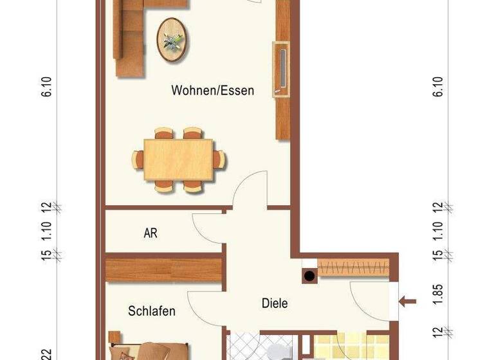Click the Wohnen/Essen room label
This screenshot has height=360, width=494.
(x=212, y=91)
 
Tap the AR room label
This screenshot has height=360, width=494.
(x=151, y=233)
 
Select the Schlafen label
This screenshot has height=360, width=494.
(x=152, y=311)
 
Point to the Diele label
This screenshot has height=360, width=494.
(x=274, y=303)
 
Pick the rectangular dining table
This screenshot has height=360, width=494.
(x=179, y=159)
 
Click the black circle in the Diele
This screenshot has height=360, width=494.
(x=309, y=276)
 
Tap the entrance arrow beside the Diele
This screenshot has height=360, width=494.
(x=407, y=300)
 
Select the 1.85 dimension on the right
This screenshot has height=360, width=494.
(x=438, y=300)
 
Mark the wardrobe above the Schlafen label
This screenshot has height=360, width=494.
(x=164, y=269)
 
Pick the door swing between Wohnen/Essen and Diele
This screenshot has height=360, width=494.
(x=251, y=190)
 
